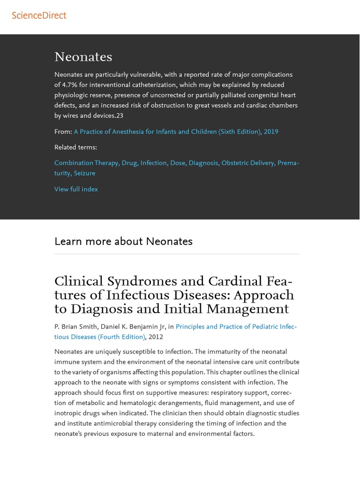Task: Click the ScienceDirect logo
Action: click(39, 15)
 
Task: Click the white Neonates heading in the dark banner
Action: click(83, 57)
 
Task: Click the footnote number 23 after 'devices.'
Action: click(120, 116)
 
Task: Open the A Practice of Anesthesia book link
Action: click(176, 132)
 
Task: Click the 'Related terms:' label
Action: click(75, 147)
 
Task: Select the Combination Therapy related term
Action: click(86, 163)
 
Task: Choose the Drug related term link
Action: click(129, 163)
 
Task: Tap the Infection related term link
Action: click(154, 163)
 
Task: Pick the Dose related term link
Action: click(178, 163)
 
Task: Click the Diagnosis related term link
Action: click(203, 163)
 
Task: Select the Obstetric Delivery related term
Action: click(247, 163)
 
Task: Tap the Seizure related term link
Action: click(84, 173)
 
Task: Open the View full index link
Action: click(76, 189)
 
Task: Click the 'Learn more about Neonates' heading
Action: click(123, 241)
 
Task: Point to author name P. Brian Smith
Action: click(75, 327)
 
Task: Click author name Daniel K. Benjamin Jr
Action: click(133, 327)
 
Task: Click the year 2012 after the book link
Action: click(156, 337)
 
